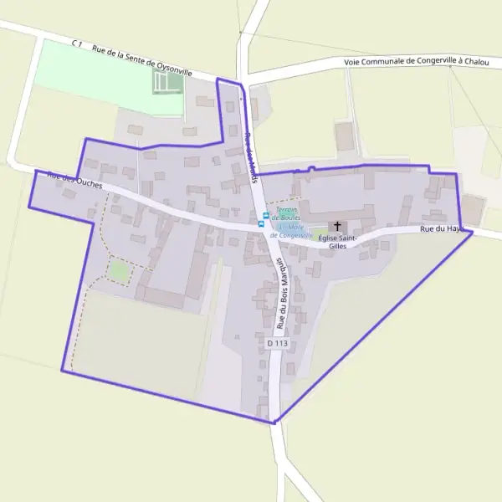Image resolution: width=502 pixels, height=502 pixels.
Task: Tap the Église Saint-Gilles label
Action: tap(338, 242)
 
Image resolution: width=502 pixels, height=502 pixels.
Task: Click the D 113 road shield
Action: tap(277, 343)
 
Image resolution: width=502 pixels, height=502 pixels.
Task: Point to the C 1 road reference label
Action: tap(79, 44)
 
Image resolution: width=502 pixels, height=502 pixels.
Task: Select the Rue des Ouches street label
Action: tap(74, 179)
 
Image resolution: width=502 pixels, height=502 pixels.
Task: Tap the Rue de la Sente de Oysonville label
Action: tap(141, 61)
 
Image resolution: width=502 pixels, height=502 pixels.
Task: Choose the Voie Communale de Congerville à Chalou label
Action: tap(417, 62)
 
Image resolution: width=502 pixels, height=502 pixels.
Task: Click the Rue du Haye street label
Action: tap(441, 228)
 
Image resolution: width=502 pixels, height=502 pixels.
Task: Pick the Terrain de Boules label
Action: tap(289, 213)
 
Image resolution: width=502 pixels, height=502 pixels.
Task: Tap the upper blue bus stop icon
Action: tap(266, 216)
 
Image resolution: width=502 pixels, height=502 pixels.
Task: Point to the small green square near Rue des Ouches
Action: tap(119, 271)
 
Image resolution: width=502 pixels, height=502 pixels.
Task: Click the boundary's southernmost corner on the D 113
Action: tap(274, 423)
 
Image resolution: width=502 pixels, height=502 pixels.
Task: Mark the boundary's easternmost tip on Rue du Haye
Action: tap(473, 233)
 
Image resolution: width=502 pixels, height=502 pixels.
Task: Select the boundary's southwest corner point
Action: tap(62, 371)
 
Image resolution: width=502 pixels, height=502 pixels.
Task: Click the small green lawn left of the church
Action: tap(320, 231)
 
